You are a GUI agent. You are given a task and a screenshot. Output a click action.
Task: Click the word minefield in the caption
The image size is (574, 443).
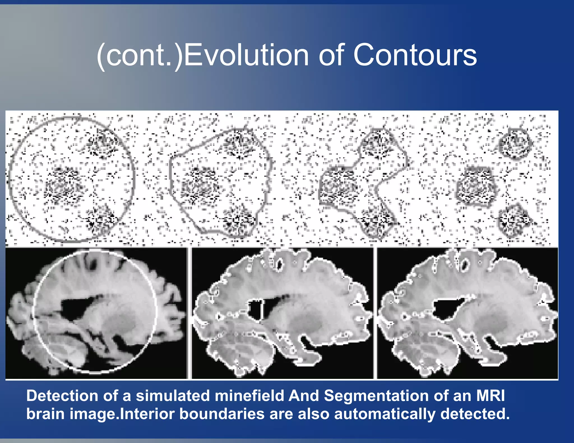click(249, 396)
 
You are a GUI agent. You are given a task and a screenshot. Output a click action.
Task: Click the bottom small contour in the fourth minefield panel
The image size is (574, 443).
click(514, 220)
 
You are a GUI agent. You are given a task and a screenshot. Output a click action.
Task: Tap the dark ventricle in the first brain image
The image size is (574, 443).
click(76, 308)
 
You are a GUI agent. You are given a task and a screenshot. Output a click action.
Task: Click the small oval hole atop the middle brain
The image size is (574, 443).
click(279, 264)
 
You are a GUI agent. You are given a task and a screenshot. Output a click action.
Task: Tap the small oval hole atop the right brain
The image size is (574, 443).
click(465, 264)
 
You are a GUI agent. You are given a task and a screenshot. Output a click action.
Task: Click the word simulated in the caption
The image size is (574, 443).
click(173, 396)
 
